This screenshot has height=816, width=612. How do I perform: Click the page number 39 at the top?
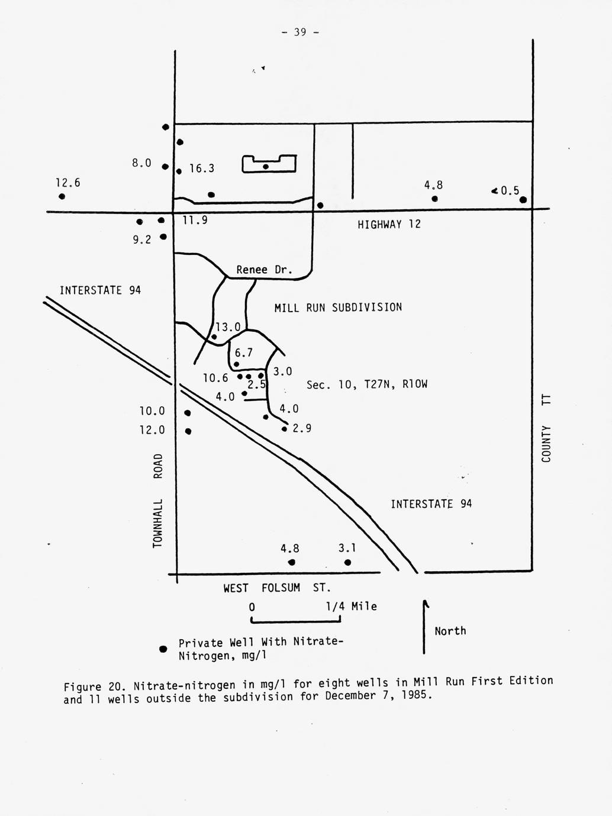pos(300,33)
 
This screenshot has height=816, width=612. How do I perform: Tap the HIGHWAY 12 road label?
pos(389,225)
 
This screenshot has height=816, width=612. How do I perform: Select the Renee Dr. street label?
pos(264,270)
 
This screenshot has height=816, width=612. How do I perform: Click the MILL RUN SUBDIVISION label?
pos(338,307)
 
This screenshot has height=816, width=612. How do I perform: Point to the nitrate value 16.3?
pos(202,169)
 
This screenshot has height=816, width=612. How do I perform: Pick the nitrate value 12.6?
pos(68,183)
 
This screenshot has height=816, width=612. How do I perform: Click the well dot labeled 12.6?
pos(62,197)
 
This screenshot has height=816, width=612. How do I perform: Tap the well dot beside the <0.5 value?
pos(523,200)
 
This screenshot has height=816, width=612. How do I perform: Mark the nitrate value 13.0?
pos(228,327)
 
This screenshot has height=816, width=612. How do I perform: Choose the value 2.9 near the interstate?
pos(302,429)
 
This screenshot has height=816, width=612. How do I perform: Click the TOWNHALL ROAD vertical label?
pos(157,500)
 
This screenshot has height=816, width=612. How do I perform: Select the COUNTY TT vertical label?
pos(546,429)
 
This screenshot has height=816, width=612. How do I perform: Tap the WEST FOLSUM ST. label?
pos(276,588)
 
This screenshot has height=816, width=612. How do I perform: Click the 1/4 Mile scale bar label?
pos(351,607)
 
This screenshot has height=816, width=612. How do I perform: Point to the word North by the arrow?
pos(450,632)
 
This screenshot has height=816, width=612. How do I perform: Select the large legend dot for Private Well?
pos(163,649)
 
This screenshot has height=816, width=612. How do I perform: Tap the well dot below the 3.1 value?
pos(347,562)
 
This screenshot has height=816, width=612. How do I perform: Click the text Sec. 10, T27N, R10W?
pos(366,385)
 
